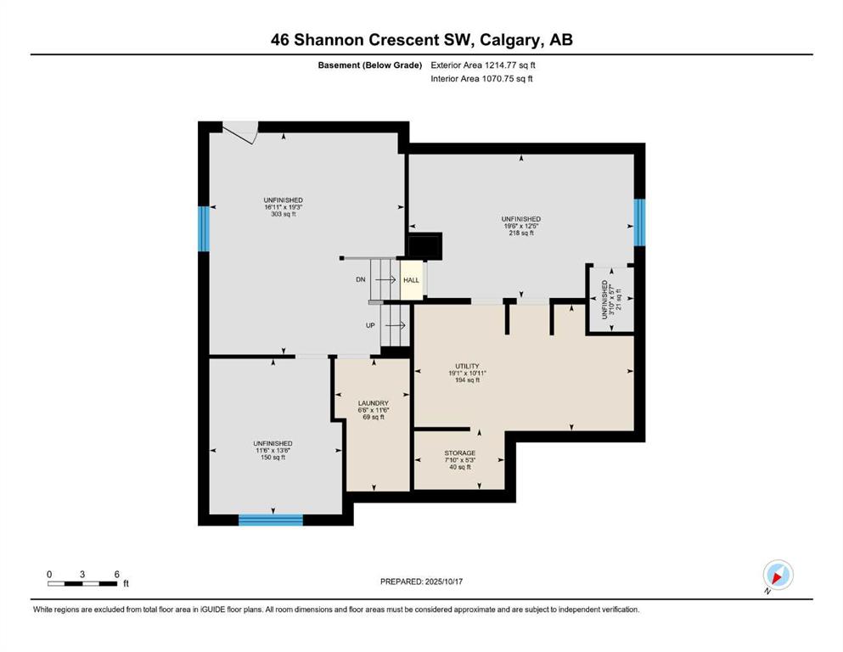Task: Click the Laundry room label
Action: (x=374, y=403)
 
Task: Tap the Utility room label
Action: (x=467, y=366)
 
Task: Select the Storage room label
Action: (x=459, y=453)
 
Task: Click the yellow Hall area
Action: (x=412, y=280)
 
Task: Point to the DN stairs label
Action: (x=361, y=279)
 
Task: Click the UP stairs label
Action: (x=370, y=325)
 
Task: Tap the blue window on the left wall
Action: (x=203, y=228)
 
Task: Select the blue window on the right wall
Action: (x=639, y=222)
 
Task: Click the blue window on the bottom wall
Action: (x=271, y=520)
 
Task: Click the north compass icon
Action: (x=778, y=576)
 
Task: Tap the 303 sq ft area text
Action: (x=284, y=214)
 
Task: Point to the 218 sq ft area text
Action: (x=521, y=233)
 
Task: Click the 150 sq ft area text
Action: (x=273, y=458)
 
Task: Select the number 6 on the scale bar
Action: (x=116, y=574)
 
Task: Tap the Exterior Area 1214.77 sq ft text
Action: (x=483, y=65)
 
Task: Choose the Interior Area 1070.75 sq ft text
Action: (x=481, y=78)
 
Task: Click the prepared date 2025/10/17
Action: (x=443, y=582)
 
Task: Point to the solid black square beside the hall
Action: (x=425, y=246)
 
